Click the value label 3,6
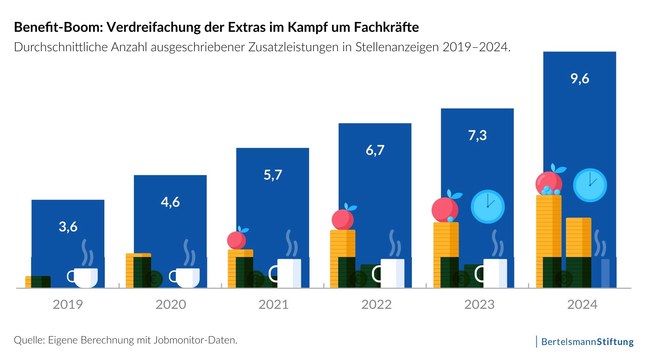[x=68, y=227]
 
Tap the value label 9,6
[x=580, y=78]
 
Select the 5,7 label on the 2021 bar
[x=273, y=175]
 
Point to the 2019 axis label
[x=68, y=305]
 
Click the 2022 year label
[x=376, y=305]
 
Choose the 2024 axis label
[x=582, y=305]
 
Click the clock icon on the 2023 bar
[x=487, y=207]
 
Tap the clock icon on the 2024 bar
[x=590, y=185]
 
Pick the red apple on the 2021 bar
[x=236, y=240]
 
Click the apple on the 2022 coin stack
[x=343, y=219]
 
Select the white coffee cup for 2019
[x=84, y=277]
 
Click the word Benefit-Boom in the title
[x=58, y=27]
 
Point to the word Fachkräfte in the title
[x=386, y=27]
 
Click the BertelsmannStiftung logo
[x=587, y=342]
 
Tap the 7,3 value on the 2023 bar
[x=477, y=135]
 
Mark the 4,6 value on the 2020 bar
[x=170, y=202]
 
